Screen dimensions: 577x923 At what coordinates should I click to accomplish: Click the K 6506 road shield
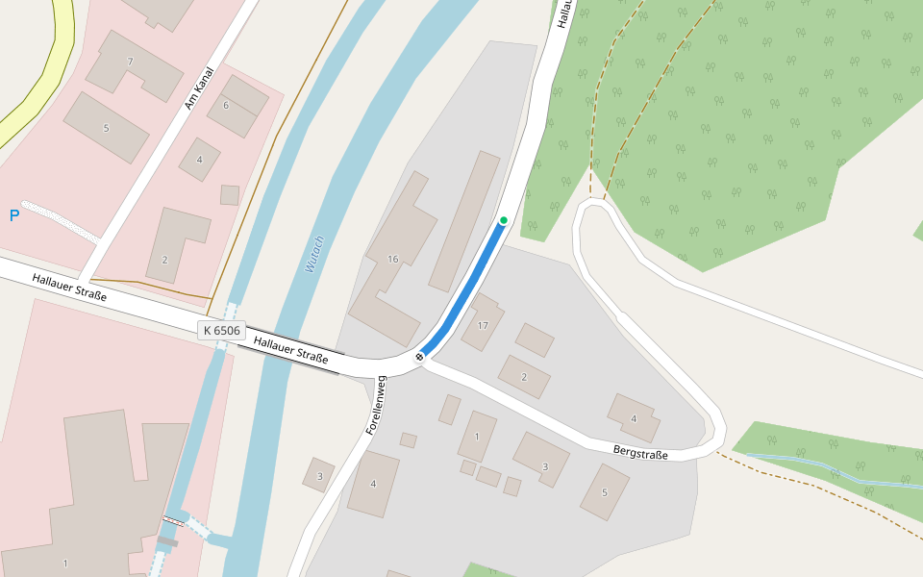pos(221,331)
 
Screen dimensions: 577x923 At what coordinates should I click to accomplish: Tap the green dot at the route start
pos(503,220)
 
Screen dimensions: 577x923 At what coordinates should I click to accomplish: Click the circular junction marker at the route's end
pos(419,358)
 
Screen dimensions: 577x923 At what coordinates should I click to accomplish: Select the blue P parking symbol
pos(14,215)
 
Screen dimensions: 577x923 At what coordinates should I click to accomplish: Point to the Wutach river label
pos(314,254)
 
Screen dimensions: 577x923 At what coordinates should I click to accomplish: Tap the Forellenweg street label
pos(375,406)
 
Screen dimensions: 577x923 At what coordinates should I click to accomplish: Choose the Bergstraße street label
pos(640,451)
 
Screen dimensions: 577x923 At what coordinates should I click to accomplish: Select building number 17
pos(483,326)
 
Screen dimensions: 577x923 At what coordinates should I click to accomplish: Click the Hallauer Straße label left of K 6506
pos(69,288)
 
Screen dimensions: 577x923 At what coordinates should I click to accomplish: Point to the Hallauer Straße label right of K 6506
pos(290,350)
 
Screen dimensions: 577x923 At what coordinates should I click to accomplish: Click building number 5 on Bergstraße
pos(605,492)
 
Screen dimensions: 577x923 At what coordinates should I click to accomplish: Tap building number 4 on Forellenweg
pos(373,484)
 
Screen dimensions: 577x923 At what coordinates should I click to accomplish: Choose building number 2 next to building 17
pos(524,377)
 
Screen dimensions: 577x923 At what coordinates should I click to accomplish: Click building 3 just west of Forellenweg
pos(319,475)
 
